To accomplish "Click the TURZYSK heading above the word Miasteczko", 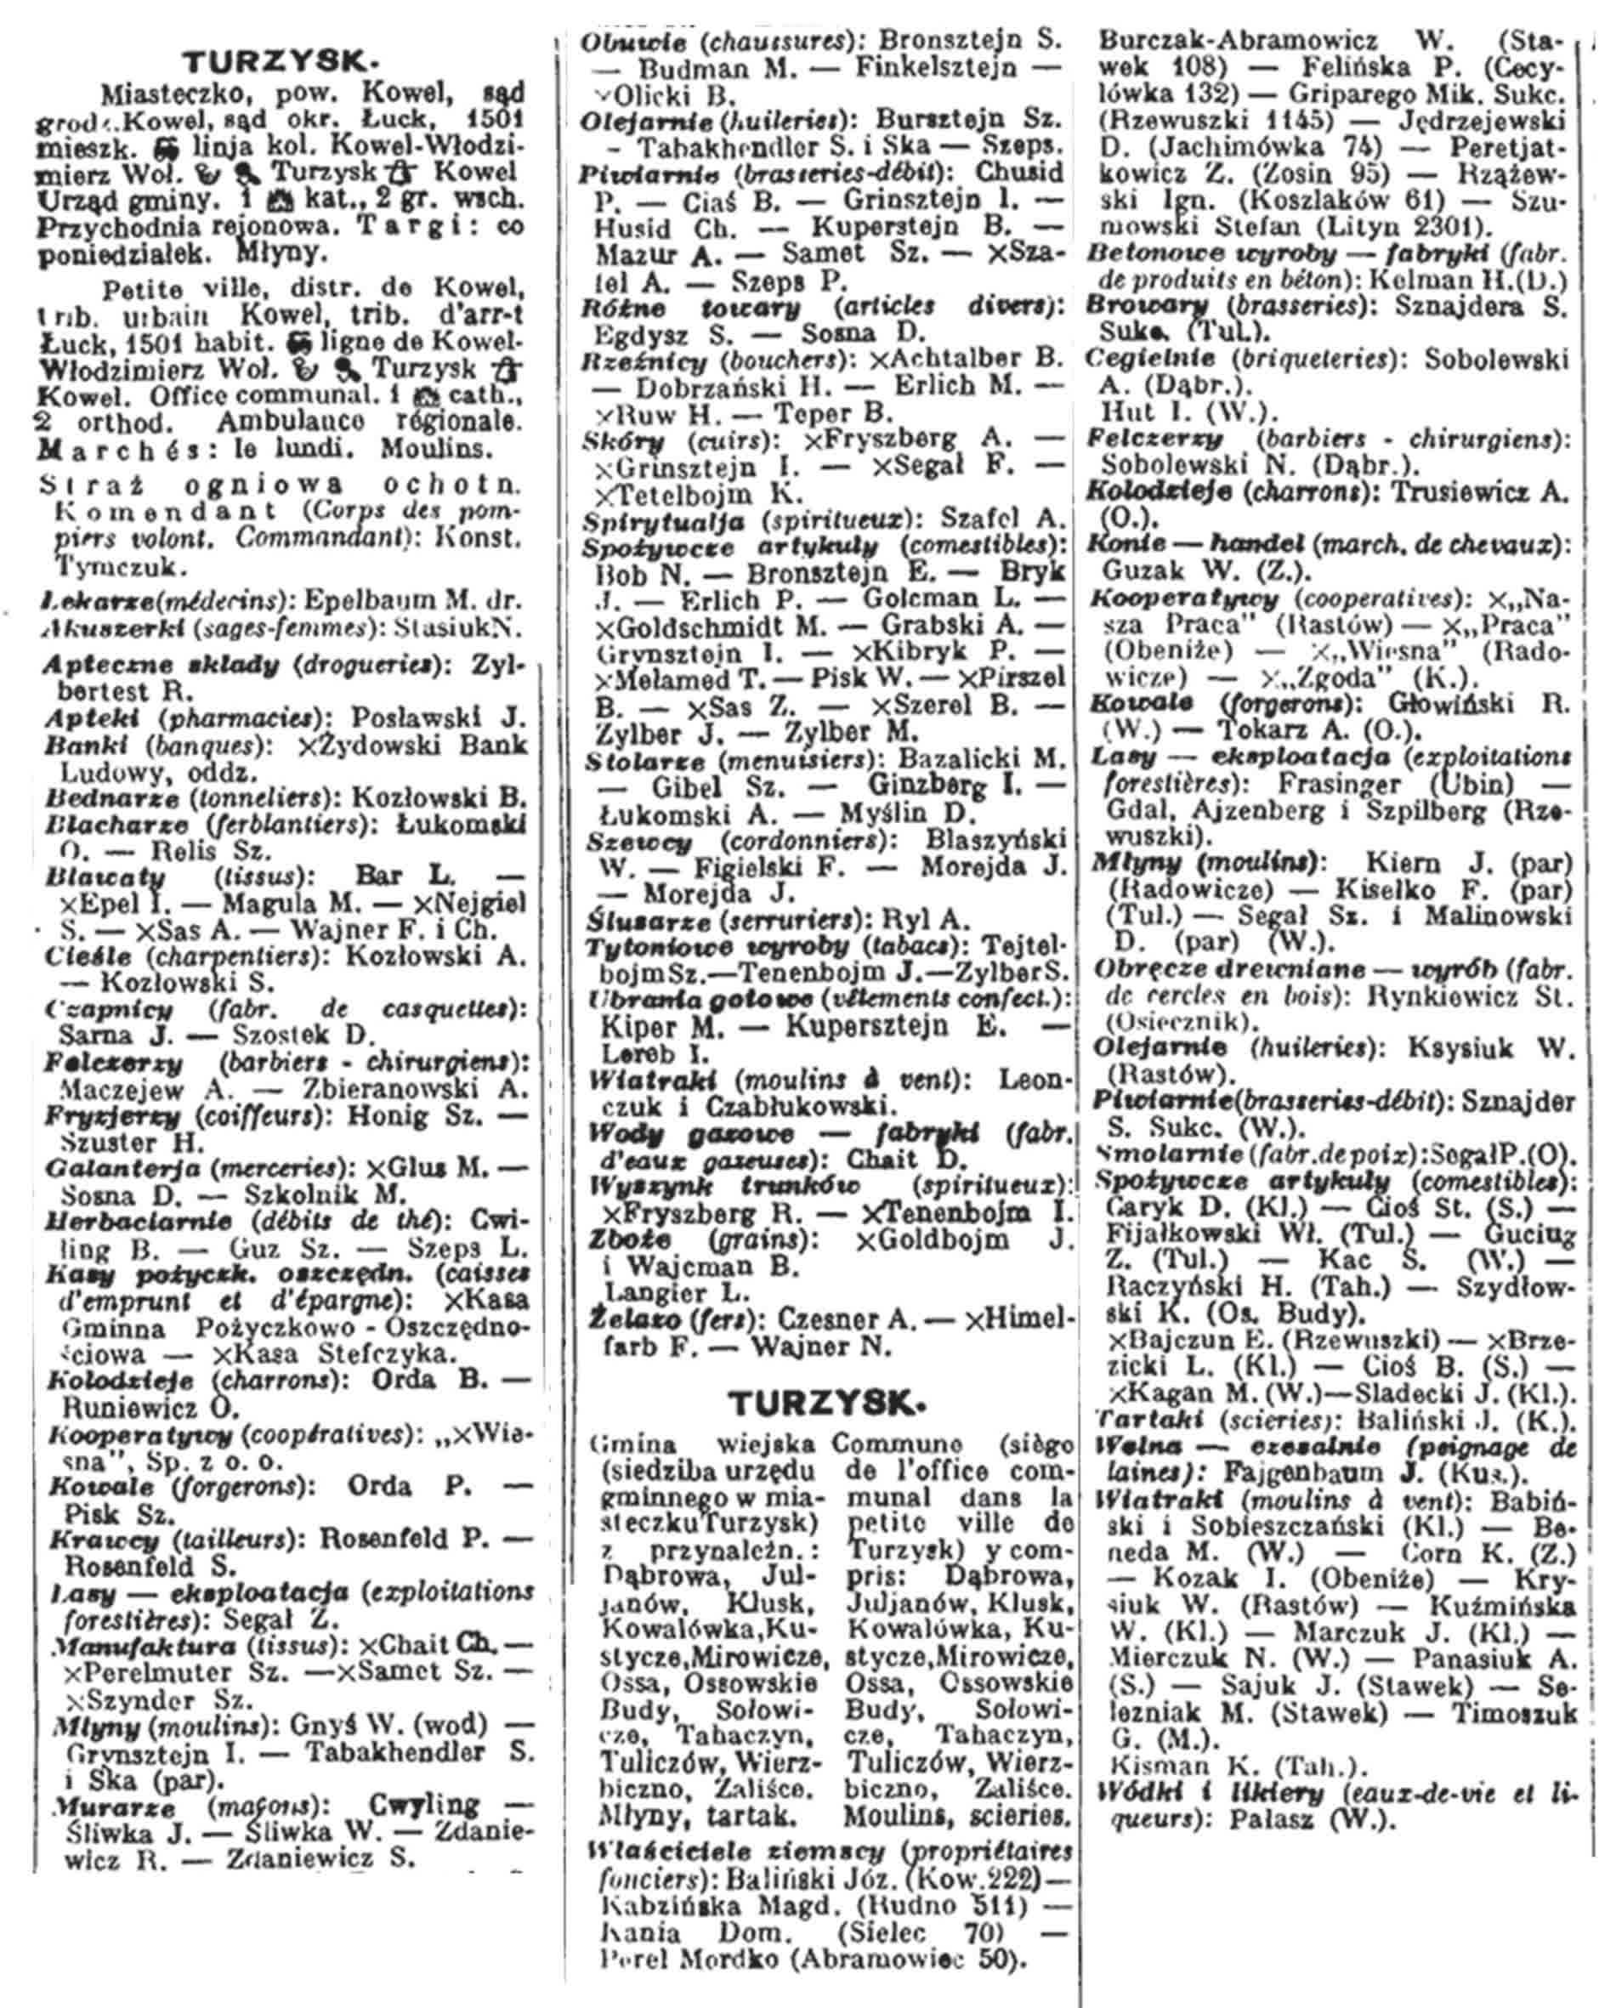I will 281,62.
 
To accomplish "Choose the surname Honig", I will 382,1115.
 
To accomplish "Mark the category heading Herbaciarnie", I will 139,1222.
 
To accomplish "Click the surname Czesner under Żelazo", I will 825,1319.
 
